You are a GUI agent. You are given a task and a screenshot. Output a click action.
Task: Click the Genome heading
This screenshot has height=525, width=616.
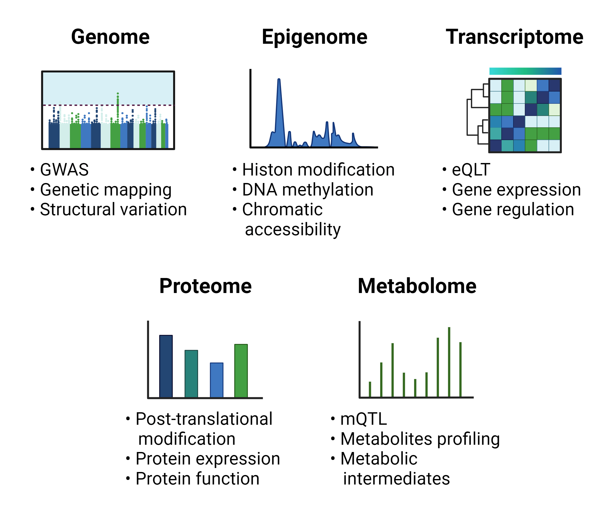click(x=110, y=37)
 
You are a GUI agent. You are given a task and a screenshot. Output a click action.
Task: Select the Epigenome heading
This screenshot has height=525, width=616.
click(x=314, y=37)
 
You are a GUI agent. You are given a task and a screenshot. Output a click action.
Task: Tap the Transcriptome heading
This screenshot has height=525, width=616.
click(x=515, y=37)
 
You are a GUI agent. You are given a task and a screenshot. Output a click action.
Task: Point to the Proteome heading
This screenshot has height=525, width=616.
click(x=205, y=286)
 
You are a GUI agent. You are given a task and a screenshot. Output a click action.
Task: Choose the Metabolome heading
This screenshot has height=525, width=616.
click(x=417, y=286)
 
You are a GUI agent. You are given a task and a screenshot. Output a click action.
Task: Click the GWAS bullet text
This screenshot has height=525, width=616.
click(x=64, y=170)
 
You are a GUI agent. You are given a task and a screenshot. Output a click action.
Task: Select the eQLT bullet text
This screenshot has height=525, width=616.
click(x=471, y=170)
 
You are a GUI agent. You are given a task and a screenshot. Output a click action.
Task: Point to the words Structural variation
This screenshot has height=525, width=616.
click(x=113, y=209)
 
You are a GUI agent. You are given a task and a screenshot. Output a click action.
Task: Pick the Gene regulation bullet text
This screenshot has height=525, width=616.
click(x=513, y=210)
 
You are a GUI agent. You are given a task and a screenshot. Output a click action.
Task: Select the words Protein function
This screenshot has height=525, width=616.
click(x=197, y=479)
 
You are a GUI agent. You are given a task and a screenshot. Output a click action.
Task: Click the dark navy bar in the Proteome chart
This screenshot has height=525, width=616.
click(x=166, y=366)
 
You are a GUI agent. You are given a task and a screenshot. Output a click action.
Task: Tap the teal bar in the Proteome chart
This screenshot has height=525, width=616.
click(x=191, y=374)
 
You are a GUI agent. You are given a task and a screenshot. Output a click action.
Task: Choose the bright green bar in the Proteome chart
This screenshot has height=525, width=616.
click(x=241, y=371)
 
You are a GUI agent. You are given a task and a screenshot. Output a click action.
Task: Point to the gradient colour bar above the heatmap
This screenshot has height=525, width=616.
click(x=525, y=71)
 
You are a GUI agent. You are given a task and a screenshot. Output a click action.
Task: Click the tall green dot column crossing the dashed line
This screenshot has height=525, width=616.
click(x=118, y=108)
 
